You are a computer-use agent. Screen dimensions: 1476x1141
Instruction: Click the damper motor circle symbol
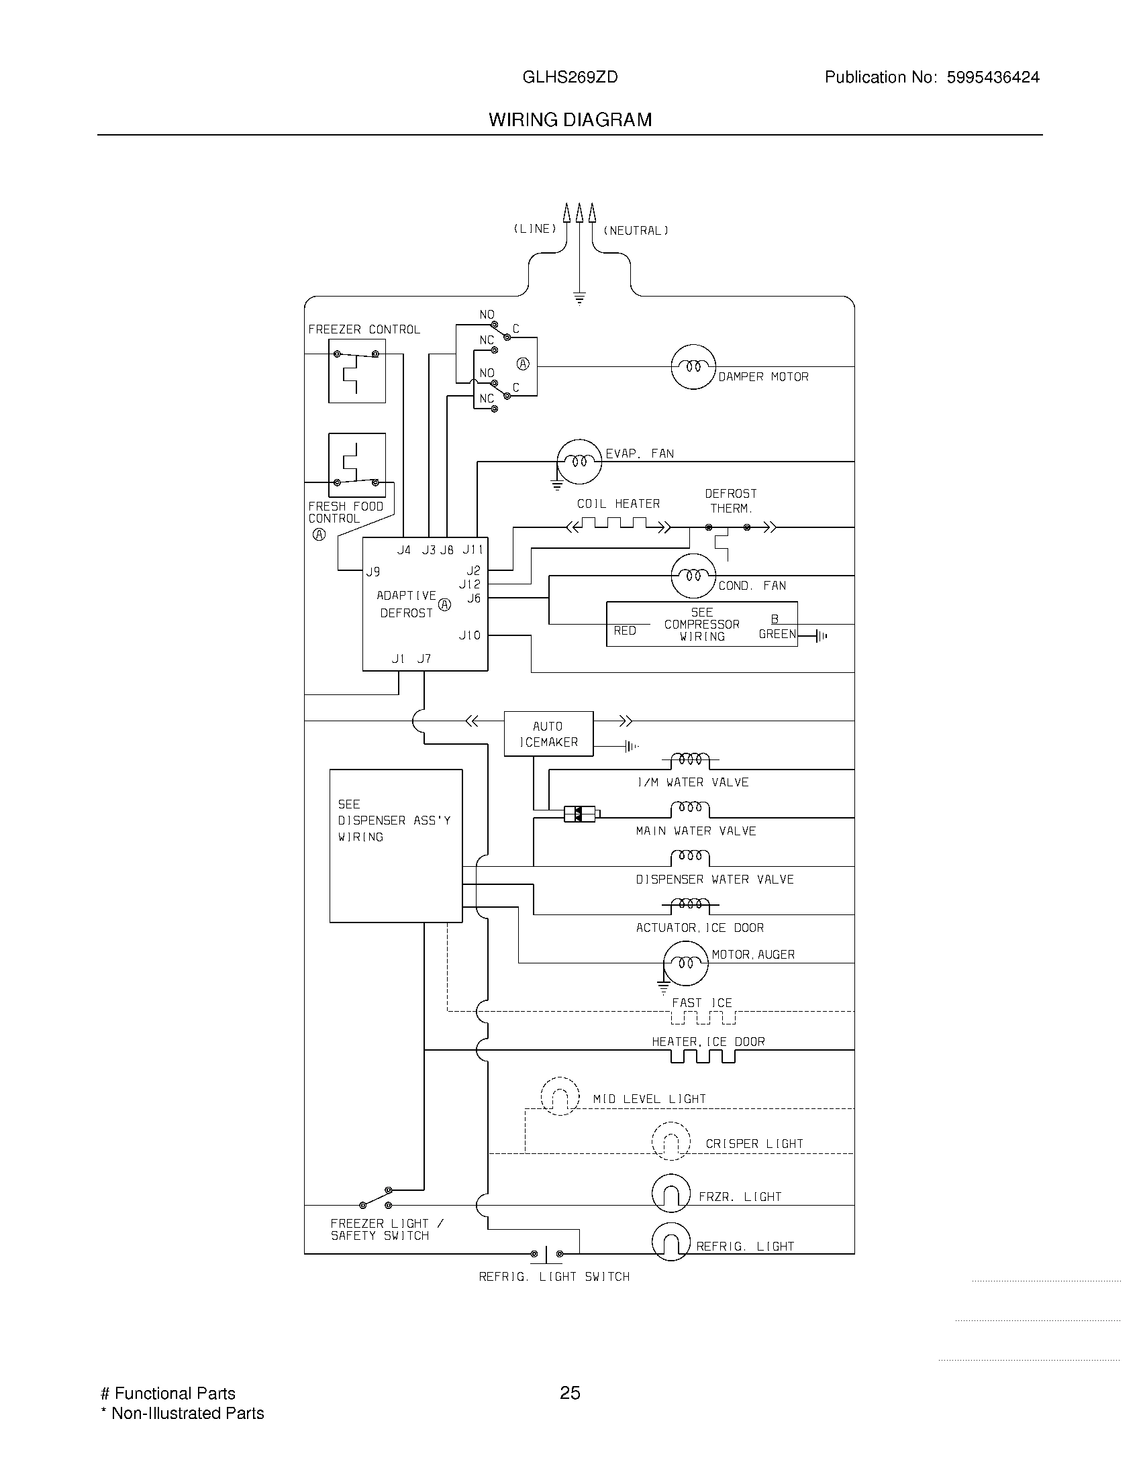click(693, 367)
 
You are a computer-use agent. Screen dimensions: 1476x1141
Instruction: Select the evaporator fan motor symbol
click(579, 462)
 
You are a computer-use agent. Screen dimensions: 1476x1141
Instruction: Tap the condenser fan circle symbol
click(693, 576)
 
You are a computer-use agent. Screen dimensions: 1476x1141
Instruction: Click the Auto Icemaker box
click(548, 733)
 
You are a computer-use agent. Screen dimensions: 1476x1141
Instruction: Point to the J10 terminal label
click(470, 635)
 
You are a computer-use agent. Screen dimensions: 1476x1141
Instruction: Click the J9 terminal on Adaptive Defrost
click(373, 572)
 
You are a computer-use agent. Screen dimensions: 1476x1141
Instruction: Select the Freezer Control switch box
click(357, 371)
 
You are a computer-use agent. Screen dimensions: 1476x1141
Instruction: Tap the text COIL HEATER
click(617, 504)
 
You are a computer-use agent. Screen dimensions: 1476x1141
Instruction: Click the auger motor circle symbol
click(685, 962)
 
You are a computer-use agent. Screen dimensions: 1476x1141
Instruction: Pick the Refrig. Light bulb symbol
click(671, 1242)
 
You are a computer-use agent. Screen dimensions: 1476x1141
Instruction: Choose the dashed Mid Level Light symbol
click(560, 1096)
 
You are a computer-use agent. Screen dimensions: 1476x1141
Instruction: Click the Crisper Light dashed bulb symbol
click(671, 1141)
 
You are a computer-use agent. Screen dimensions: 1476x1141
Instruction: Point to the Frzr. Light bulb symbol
click(671, 1194)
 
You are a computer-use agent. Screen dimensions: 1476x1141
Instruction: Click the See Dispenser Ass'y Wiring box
click(395, 845)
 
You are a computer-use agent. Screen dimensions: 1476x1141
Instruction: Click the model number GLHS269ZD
click(570, 78)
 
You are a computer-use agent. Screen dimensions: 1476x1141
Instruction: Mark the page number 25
click(570, 1393)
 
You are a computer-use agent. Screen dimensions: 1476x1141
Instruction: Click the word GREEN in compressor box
click(777, 634)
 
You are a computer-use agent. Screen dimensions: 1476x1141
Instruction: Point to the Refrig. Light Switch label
click(554, 1277)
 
